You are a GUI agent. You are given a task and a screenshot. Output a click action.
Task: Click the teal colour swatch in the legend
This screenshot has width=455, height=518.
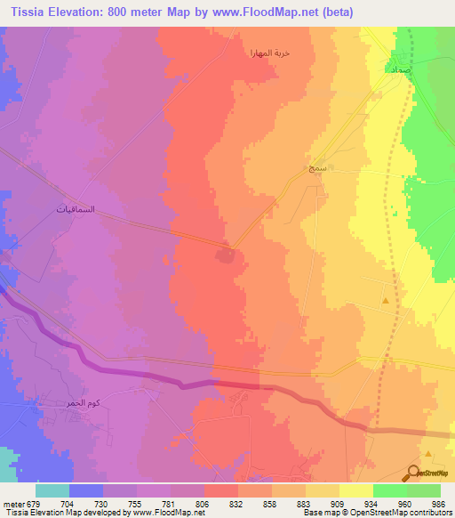click(52, 490)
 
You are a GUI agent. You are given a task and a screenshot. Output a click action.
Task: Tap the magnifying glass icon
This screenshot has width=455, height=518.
click(412, 474)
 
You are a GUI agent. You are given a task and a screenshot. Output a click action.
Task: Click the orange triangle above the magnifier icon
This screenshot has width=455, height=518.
click(428, 453)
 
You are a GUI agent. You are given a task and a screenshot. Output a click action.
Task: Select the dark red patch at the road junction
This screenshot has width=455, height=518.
click(226, 256)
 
